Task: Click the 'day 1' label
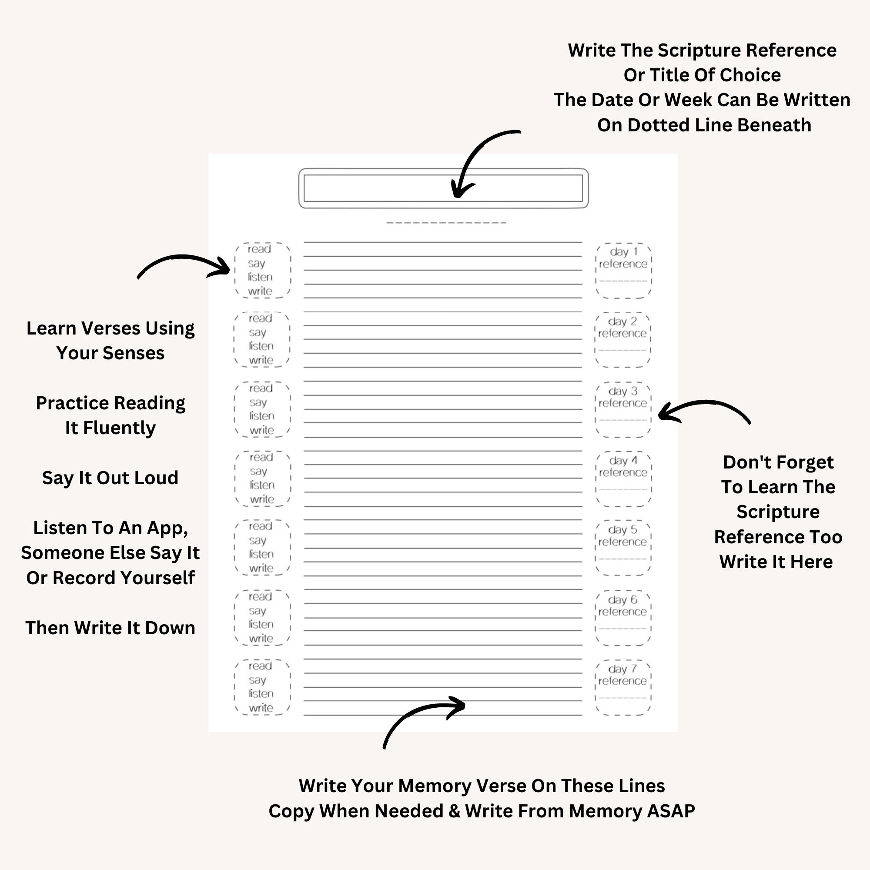tap(624, 252)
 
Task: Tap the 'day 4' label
tap(623, 461)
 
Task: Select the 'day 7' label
tap(622, 669)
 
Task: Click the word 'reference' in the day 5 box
tap(622, 542)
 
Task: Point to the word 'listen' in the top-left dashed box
tap(260, 278)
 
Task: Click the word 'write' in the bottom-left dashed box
tap(261, 708)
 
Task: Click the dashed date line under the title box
tap(446, 222)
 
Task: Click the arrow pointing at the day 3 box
tap(703, 408)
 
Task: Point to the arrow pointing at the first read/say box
tap(184, 264)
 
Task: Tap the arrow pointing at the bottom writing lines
tap(419, 716)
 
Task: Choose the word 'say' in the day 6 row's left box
tap(257, 611)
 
